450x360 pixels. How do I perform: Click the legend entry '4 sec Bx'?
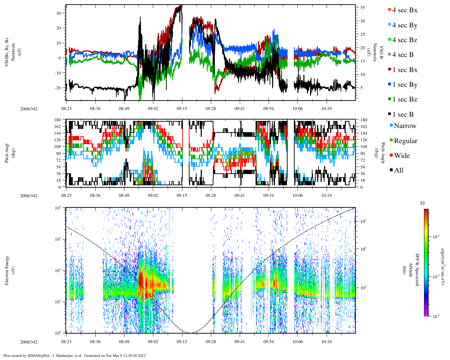click(405, 10)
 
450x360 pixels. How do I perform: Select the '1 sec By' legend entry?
click(405, 85)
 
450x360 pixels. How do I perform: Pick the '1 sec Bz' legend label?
click(405, 99)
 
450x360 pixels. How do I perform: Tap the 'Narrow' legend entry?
click(405, 126)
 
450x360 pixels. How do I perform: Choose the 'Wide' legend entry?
click(402, 156)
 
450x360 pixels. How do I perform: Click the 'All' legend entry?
click(399, 171)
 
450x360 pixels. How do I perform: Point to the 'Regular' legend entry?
click(405, 141)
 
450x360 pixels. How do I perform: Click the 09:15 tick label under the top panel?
click(182, 109)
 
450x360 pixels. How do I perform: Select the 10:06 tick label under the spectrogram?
click(297, 342)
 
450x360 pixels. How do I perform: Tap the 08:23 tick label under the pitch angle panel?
click(66, 195)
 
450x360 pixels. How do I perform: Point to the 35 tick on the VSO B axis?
click(362, 8)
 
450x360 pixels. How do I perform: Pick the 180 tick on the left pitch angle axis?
click(57, 120)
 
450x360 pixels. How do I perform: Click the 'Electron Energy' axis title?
click(7, 270)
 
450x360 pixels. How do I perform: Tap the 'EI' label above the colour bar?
click(423, 203)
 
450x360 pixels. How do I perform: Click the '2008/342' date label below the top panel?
click(29, 109)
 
